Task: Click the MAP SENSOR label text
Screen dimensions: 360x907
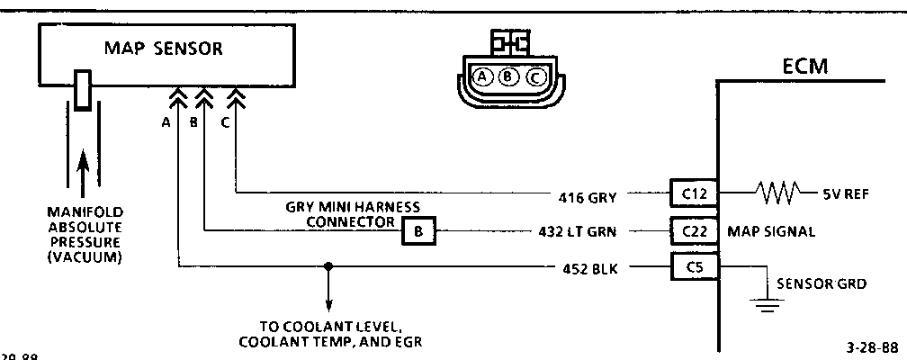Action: (162, 49)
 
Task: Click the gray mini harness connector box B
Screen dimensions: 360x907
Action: (418, 231)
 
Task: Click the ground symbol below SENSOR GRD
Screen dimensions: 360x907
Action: (766, 306)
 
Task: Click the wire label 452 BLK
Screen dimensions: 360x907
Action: (588, 267)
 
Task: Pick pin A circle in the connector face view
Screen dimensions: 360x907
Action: (483, 76)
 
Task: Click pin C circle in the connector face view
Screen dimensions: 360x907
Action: (535, 76)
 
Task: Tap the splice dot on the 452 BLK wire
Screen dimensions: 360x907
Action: (328, 267)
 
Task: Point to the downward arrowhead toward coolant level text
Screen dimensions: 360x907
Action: (328, 305)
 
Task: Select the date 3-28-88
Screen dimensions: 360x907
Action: (871, 347)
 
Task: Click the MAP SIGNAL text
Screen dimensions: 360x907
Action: (771, 231)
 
